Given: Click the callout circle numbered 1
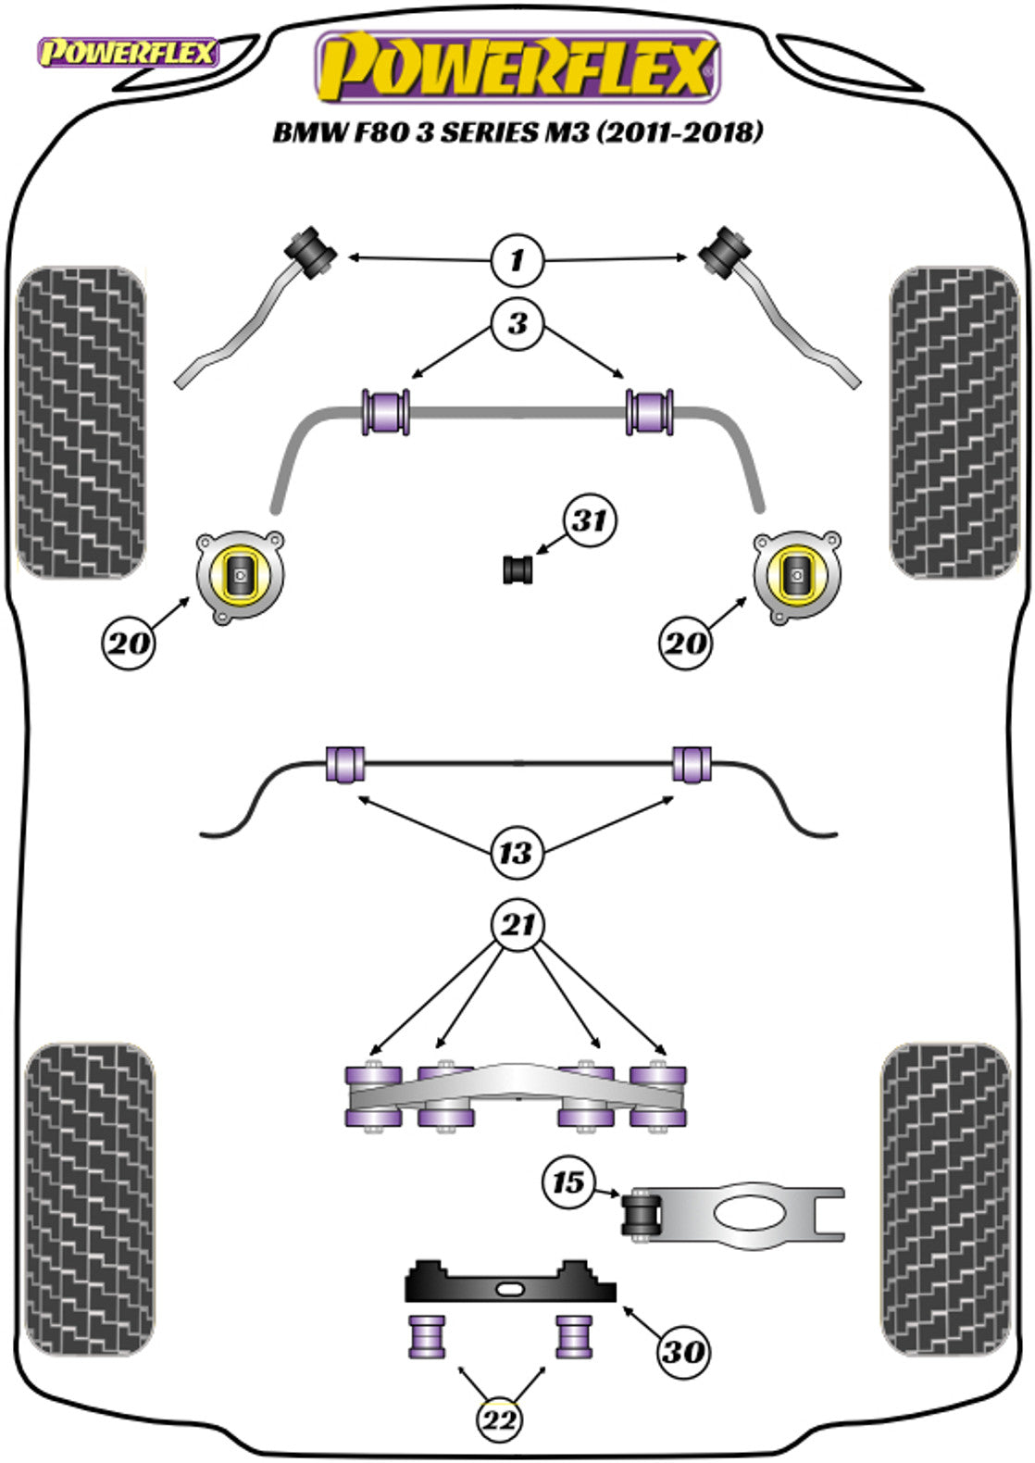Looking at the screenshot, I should tap(517, 259).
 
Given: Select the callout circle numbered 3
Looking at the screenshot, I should tap(517, 323).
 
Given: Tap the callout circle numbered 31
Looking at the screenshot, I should tap(590, 520).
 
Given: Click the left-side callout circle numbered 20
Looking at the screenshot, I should tap(129, 641).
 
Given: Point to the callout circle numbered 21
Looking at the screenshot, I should tap(517, 924).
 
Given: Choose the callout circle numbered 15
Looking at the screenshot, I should tap(568, 1182).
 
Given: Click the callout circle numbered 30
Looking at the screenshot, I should tap(683, 1352).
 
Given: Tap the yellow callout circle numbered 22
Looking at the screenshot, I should tap(500, 1419).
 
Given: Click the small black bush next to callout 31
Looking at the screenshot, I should tap(519, 569).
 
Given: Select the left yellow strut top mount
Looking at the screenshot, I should tap(240, 576).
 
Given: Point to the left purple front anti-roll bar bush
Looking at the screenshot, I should tap(384, 412).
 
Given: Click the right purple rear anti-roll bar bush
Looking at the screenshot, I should tap(691, 762).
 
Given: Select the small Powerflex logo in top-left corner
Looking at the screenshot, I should tap(126, 53).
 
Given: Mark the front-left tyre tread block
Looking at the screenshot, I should tap(81, 423).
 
